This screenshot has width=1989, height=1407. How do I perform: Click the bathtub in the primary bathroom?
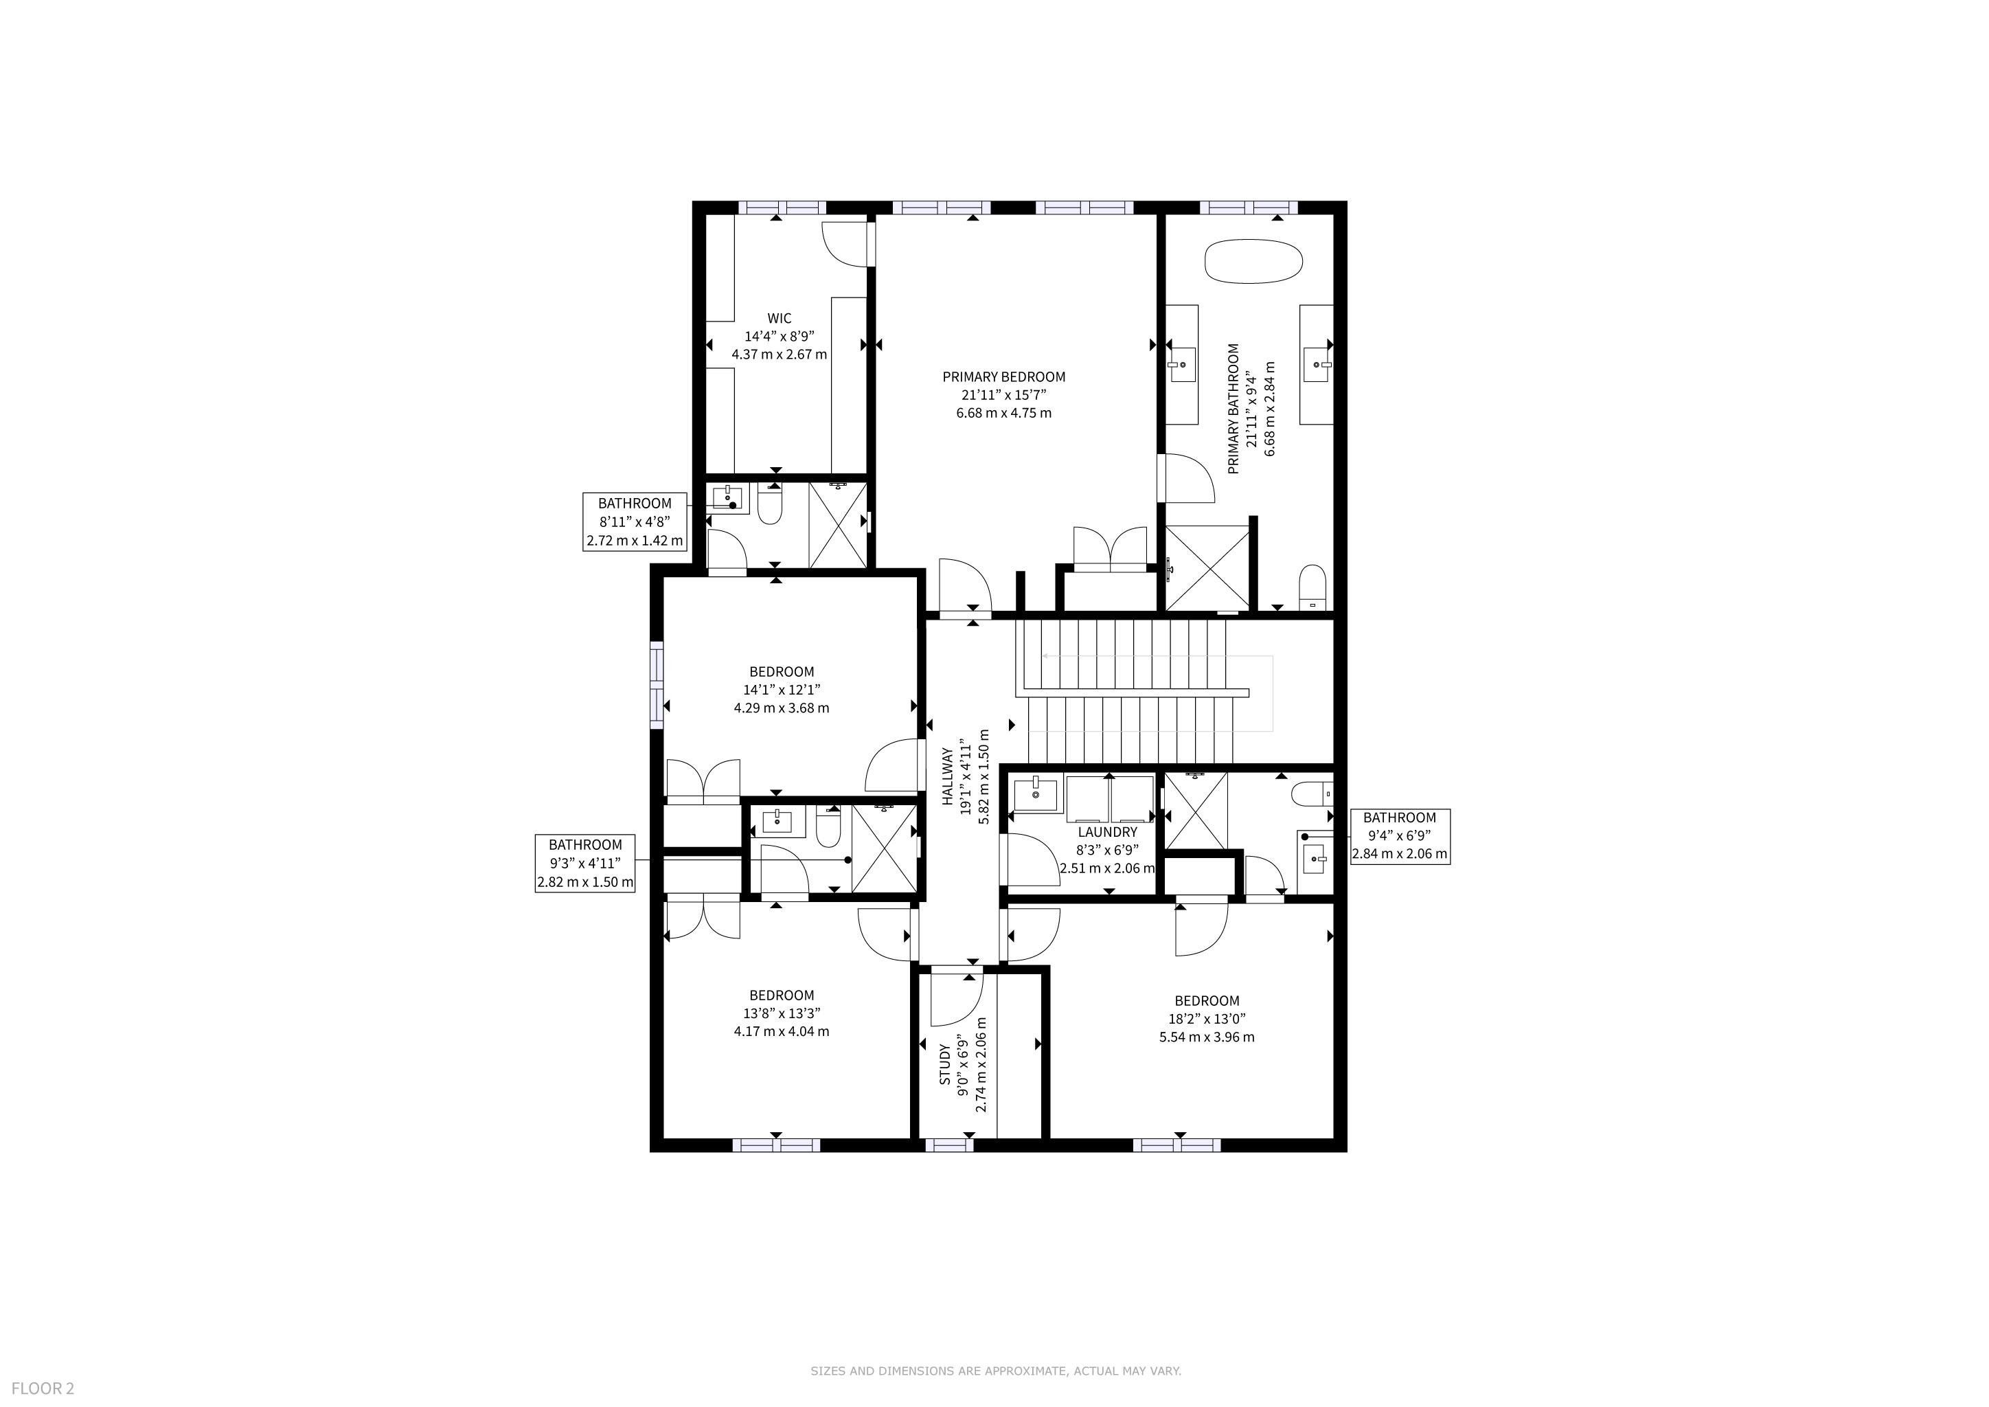[1253, 261]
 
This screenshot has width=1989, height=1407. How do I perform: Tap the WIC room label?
[779, 319]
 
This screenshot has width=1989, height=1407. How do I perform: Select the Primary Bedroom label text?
[1004, 377]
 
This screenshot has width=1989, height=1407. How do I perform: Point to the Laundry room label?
[1107, 833]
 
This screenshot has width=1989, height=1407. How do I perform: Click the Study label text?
[945, 1065]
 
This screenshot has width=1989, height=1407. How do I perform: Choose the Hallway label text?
[948, 778]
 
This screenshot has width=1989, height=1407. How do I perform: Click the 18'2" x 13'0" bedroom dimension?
[1207, 1019]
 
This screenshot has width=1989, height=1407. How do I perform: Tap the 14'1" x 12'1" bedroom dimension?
[782, 690]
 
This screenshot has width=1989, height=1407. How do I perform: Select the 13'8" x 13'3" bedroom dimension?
[782, 1013]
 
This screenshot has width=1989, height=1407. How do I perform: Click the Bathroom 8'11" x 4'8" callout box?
[635, 521]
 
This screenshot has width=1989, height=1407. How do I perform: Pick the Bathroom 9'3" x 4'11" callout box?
[586, 864]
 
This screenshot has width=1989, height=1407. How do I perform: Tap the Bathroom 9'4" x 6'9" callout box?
[1400, 836]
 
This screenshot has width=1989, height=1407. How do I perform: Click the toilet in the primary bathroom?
[1313, 587]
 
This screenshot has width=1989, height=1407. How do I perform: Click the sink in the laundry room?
[1035, 794]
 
